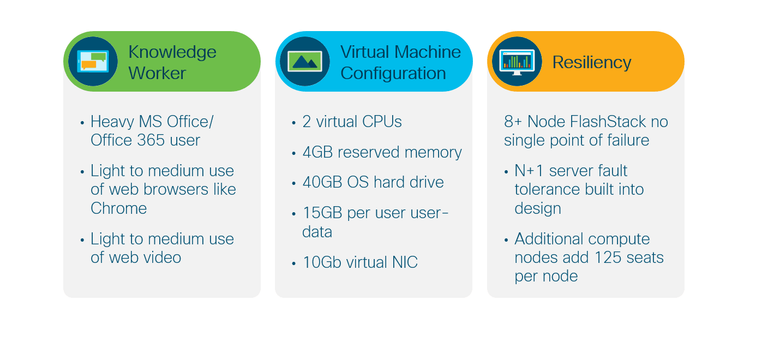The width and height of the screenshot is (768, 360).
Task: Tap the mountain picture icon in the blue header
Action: pyautogui.click(x=305, y=62)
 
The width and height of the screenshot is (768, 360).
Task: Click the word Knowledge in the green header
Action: pyautogui.click(x=172, y=52)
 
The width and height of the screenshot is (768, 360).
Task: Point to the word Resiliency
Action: pyautogui.click(x=592, y=62)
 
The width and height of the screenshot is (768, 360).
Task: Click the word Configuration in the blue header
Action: pyautogui.click(x=393, y=74)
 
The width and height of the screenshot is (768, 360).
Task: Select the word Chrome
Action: pyautogui.click(x=118, y=208)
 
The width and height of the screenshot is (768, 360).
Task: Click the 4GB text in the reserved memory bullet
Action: pyautogui.click(x=317, y=152)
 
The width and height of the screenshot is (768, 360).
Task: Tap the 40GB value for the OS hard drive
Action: pyautogui.click(x=322, y=182)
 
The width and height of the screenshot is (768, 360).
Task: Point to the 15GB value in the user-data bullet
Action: pyautogui.click(x=322, y=213)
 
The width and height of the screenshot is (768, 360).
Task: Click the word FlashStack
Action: pyautogui.click(x=586, y=122)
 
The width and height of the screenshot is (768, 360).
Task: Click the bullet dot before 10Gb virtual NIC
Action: pyautogui.click(x=293, y=263)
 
